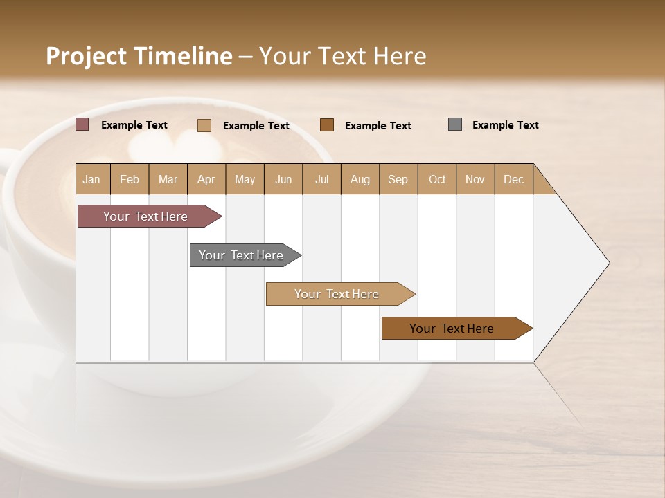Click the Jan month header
(91, 179)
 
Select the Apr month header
(206, 179)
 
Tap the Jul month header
(321, 179)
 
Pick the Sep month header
(398, 179)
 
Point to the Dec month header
(513, 179)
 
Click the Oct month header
(437, 179)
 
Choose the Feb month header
(130, 179)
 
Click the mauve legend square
(82, 124)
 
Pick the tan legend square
(204, 125)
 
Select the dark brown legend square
(327, 125)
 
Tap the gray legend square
(455, 124)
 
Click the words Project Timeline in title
(139, 56)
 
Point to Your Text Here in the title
(342, 56)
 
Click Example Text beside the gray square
(505, 125)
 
